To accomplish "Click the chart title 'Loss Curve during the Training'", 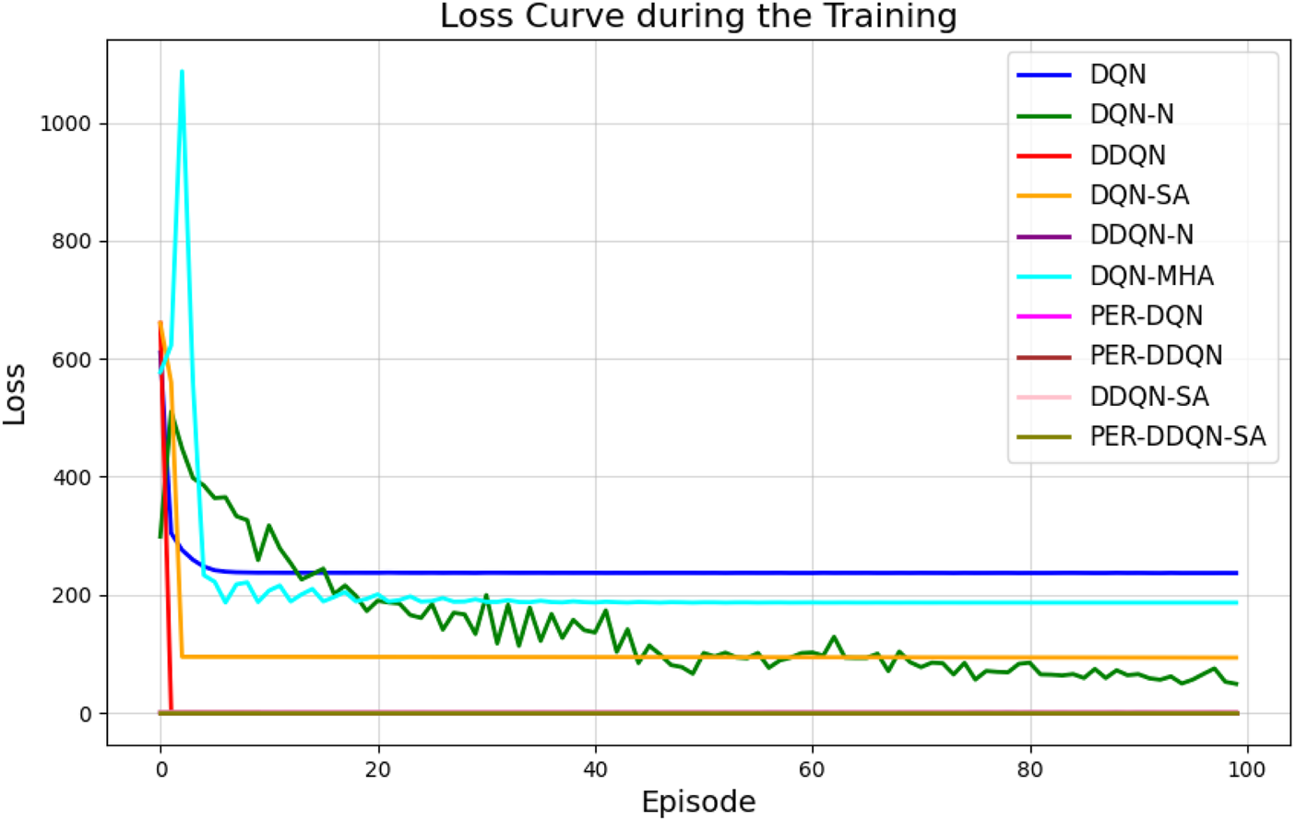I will pyautogui.click(x=698, y=17).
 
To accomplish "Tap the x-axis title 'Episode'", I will pyautogui.click(x=698, y=802).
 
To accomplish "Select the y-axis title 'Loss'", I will pyautogui.click(x=16, y=394).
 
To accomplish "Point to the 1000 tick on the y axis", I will pyautogui.click(x=65, y=124).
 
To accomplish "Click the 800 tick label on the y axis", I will pyautogui.click(x=71, y=242).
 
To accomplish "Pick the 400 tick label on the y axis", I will pyautogui.click(x=71, y=478).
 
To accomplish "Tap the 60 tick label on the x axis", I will pyautogui.click(x=813, y=769).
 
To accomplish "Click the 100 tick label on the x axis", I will pyautogui.click(x=1247, y=769).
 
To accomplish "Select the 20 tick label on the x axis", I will pyautogui.click(x=378, y=769).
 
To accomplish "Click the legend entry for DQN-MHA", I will pyautogui.click(x=1151, y=276).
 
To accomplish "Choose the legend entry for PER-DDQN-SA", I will pyautogui.click(x=1177, y=436).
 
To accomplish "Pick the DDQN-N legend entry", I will pyautogui.click(x=1141, y=235).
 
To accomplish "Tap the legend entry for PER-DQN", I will pyautogui.click(x=1146, y=315).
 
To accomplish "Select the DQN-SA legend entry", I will pyautogui.click(x=1139, y=195).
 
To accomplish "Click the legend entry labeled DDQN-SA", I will pyautogui.click(x=1148, y=397).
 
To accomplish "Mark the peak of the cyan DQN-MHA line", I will pyautogui.click(x=182, y=71).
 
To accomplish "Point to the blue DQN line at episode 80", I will pyautogui.click(x=1030, y=573).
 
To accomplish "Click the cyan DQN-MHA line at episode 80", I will pyautogui.click(x=1030, y=602).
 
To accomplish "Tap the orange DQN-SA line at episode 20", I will pyautogui.click(x=378, y=657).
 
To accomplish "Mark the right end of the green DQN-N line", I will pyautogui.click(x=1236, y=684).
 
